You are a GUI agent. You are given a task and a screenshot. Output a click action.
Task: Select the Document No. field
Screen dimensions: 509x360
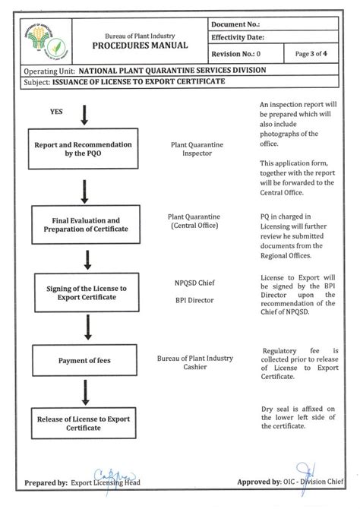point(273,25)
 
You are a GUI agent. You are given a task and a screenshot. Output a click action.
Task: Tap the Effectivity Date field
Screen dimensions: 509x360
point(273,37)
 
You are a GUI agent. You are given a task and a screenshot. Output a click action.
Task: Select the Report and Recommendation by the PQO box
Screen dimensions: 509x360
point(83,149)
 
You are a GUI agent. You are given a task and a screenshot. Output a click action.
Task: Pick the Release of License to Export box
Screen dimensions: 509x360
point(86,423)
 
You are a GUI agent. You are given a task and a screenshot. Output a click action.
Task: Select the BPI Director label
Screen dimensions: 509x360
point(193,300)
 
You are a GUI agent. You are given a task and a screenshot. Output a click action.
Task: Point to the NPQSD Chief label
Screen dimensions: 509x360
point(193,283)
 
